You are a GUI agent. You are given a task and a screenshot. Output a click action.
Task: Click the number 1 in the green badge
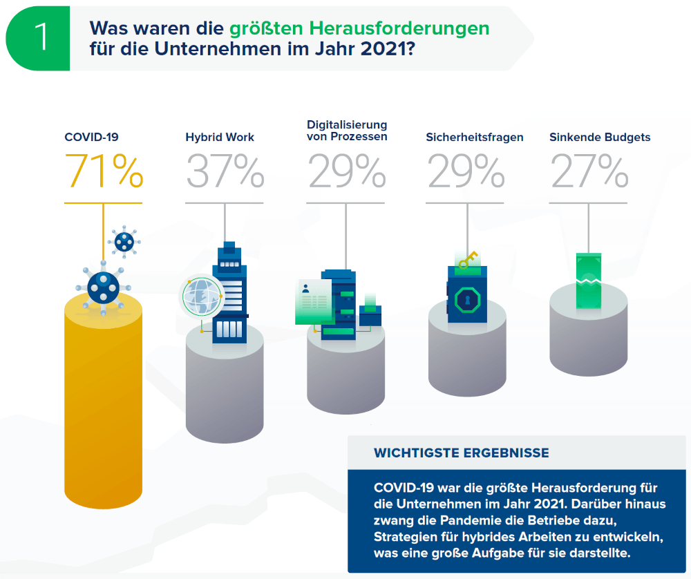click(41, 39)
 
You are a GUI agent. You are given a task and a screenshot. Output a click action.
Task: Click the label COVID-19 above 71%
click(86, 137)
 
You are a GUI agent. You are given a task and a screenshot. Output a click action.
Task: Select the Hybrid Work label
click(220, 137)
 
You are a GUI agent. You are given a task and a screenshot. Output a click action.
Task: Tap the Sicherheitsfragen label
click(475, 137)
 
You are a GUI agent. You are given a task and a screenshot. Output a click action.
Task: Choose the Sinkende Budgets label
click(600, 137)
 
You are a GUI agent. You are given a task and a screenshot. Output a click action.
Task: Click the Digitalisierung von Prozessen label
click(347, 131)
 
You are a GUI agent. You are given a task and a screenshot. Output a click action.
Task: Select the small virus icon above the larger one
click(124, 241)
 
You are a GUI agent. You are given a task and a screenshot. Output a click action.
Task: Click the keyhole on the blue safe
click(467, 301)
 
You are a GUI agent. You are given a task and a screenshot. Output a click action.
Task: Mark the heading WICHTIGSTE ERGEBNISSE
click(462, 453)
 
